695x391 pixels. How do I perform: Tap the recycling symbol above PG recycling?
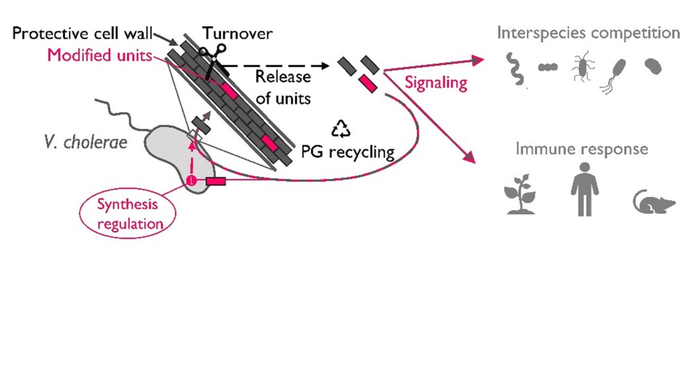pyautogui.click(x=341, y=129)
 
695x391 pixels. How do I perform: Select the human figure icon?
pyautogui.click(x=584, y=190)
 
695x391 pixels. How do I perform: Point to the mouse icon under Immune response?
pyautogui.click(x=654, y=202)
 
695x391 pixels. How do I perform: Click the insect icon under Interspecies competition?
pyautogui.click(x=583, y=67)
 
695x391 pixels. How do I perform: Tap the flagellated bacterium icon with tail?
pyautogui.click(x=614, y=75)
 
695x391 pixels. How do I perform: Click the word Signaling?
pyautogui.click(x=436, y=83)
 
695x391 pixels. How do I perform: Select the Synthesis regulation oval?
pyautogui.click(x=128, y=214)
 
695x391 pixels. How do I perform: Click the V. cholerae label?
pyautogui.click(x=86, y=142)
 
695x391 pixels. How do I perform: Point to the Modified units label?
pyautogui.click(x=99, y=55)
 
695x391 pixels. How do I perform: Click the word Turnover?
pyautogui.click(x=237, y=34)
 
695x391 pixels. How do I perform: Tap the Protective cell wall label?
pyautogui.click(x=81, y=34)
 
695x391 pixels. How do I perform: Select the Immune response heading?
pyautogui.click(x=582, y=149)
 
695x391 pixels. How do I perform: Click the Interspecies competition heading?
pyautogui.click(x=588, y=33)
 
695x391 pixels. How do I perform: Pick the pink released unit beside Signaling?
pyautogui.click(x=368, y=84)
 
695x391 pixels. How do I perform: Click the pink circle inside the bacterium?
pyautogui.click(x=191, y=181)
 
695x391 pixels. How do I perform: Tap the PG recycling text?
pyautogui.click(x=347, y=152)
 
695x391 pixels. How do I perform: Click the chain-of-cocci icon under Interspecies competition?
pyautogui.click(x=547, y=67)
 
